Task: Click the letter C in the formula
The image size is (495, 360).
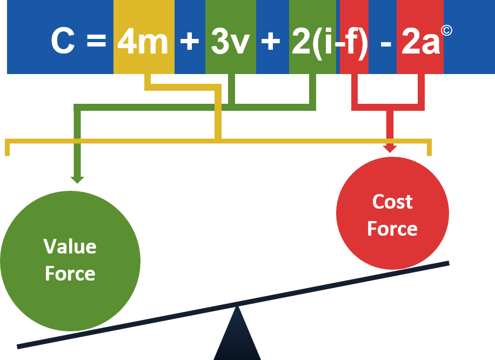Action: coord(63,42)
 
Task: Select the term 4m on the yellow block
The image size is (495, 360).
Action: coord(143,42)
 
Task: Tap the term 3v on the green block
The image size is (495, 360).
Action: coord(230,42)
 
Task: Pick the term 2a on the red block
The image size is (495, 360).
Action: coord(420,42)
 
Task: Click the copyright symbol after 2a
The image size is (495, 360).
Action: coord(446,30)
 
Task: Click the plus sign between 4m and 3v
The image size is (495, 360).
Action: coord(189,42)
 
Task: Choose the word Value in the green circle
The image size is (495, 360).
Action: coord(70,246)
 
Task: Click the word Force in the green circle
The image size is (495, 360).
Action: coord(70,274)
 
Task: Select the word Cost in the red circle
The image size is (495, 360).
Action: coord(392,202)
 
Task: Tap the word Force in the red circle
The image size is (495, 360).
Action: coord(392,229)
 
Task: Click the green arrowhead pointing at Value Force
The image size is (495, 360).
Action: coord(77,179)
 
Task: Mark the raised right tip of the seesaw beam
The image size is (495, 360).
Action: coord(447,263)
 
